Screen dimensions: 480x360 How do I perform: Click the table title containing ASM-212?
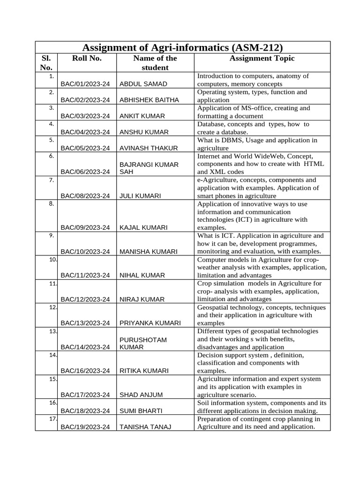tap(182, 47)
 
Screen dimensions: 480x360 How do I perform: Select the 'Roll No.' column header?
tap(87, 59)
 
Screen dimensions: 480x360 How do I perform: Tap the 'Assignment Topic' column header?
tap(262, 59)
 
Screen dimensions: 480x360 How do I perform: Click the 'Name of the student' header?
tap(155, 63)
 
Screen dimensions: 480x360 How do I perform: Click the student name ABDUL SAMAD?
tap(143, 84)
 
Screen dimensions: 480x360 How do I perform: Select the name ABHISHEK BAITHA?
tap(149, 100)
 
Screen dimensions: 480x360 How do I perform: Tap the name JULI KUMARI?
tap(141, 196)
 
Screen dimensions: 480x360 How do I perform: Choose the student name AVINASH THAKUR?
tap(149, 148)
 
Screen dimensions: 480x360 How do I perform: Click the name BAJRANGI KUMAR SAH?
tap(149, 168)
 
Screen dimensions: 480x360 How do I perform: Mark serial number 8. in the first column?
tap(52, 204)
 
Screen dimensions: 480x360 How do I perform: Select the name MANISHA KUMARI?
tap(149, 252)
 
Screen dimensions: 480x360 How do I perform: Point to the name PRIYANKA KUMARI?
tap(150, 323)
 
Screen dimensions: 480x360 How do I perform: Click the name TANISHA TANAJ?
tap(145, 427)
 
